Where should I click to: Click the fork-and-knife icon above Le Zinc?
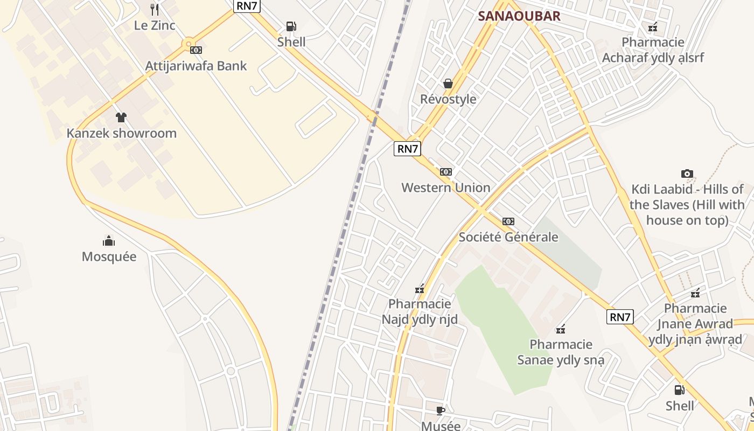click(155, 9)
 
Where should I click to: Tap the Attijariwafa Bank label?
click(196, 66)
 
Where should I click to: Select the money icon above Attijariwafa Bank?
click(196, 50)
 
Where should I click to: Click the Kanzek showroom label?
click(121, 133)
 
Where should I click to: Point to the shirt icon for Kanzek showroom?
click(121, 117)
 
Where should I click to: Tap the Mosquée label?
click(109, 256)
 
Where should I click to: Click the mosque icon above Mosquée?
click(109, 240)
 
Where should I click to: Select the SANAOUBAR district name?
click(519, 16)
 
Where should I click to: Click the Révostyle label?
click(448, 99)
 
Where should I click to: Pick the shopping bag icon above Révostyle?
click(448, 84)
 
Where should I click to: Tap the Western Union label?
click(446, 187)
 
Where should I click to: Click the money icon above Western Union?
click(446, 172)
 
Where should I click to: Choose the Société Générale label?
click(508, 237)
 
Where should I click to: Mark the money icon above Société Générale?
click(508, 221)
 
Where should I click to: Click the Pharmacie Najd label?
click(420, 312)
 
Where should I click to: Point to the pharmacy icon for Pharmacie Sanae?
click(561, 329)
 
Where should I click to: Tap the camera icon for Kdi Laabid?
click(687, 173)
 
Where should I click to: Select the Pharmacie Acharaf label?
click(653, 50)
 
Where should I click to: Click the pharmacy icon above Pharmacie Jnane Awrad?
click(695, 293)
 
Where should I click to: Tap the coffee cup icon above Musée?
click(441, 411)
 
